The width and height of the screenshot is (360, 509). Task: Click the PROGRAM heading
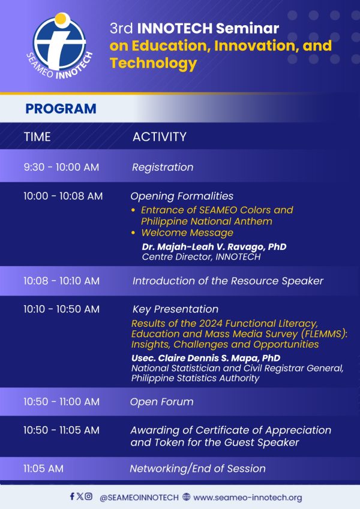(x=61, y=109)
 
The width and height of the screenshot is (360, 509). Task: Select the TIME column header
(x=37, y=137)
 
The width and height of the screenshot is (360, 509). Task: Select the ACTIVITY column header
(x=159, y=137)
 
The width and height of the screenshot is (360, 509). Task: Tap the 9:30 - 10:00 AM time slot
(x=61, y=167)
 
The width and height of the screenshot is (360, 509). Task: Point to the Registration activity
(x=163, y=167)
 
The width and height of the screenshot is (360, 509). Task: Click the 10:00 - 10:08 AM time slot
(x=63, y=196)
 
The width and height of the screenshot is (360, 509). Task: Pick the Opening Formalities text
(x=182, y=196)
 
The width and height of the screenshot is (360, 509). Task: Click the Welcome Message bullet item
(x=187, y=233)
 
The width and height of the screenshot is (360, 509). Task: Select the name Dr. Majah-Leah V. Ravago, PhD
(x=214, y=246)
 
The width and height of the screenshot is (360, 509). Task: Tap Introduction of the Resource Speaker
(x=227, y=281)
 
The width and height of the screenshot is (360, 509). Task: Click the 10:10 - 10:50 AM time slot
(x=61, y=309)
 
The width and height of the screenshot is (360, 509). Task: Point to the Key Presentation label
(x=175, y=309)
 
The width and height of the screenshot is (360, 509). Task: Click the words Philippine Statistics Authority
(x=195, y=378)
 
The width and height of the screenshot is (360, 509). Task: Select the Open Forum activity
(x=161, y=402)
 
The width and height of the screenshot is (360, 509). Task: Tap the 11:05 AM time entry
(x=43, y=468)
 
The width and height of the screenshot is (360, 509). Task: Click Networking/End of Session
(x=197, y=468)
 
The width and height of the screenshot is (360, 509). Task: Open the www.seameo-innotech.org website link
(x=247, y=497)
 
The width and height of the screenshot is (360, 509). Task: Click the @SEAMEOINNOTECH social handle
(x=139, y=497)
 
